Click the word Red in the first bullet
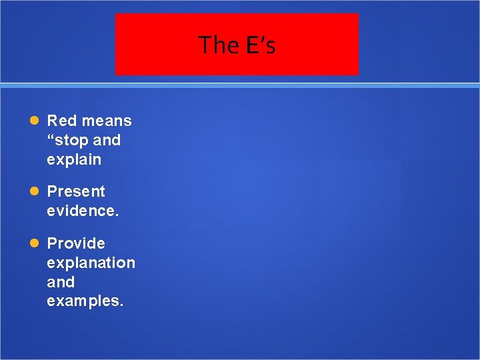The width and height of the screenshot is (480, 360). [x=61, y=121]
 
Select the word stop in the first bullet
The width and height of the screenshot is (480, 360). [x=72, y=140]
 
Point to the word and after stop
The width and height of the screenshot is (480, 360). [x=107, y=140]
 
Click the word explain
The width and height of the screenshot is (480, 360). [x=74, y=160]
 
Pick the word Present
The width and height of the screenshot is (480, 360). [x=76, y=191]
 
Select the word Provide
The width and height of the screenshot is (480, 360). [x=76, y=243]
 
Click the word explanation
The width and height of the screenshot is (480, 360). [x=91, y=263]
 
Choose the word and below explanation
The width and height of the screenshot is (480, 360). [x=61, y=282]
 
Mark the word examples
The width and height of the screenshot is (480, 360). [x=84, y=301]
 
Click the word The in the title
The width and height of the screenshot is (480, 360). [x=214, y=45]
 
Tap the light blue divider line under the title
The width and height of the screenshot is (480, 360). [x=240, y=85]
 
